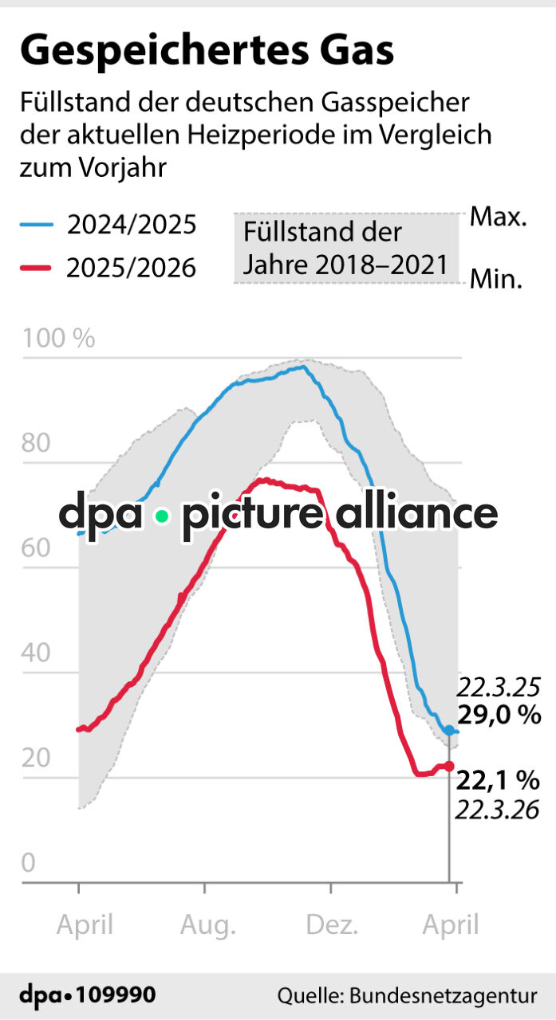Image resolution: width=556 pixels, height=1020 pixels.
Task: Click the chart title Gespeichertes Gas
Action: (207, 51)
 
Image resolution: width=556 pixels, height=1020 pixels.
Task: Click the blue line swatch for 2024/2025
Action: (37, 226)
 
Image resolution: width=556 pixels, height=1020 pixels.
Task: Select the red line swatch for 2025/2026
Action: (37, 268)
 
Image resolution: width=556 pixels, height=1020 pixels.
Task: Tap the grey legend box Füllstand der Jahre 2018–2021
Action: (345, 248)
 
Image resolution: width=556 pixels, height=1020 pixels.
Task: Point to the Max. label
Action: (498, 217)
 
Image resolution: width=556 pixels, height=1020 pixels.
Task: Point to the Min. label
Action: (496, 280)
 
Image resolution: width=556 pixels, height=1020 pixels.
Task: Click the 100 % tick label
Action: (58, 339)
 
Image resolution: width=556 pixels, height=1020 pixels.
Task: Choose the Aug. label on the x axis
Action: (207, 925)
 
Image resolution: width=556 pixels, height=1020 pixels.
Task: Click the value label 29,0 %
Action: (499, 715)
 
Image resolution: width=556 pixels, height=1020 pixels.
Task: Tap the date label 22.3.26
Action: (497, 810)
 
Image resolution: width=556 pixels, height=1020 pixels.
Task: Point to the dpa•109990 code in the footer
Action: (88, 995)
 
